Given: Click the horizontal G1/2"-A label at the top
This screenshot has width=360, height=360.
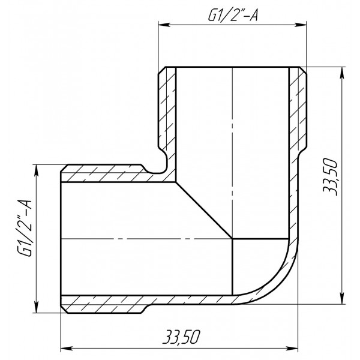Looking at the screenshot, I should tap(232, 16).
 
